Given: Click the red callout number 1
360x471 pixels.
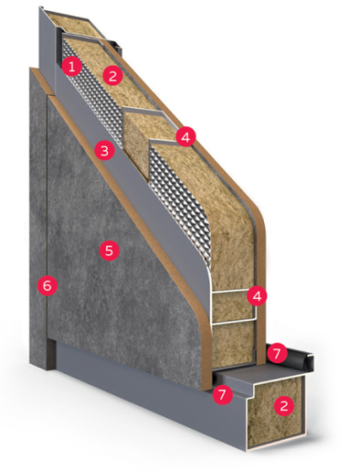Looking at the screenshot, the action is (x=71, y=67).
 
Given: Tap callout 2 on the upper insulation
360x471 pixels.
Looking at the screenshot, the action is (x=112, y=75).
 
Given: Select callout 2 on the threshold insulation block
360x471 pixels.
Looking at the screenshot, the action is (x=284, y=406).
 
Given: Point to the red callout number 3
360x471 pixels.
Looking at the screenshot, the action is (x=105, y=151).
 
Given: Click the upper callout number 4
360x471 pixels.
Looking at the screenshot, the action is (x=186, y=137).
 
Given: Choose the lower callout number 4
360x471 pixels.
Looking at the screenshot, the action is (x=257, y=296).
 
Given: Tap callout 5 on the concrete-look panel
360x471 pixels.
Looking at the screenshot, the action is (x=109, y=250).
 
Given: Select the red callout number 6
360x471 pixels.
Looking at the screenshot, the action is (x=47, y=286).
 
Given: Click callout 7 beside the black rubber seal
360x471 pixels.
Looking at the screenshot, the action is (x=277, y=353).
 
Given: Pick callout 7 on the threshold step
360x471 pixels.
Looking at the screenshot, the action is (x=223, y=394).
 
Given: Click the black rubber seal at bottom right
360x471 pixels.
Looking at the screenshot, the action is (x=297, y=358).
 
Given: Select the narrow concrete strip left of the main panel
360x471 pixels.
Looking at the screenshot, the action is (x=39, y=211).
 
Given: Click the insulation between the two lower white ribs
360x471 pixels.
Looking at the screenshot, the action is (x=232, y=307).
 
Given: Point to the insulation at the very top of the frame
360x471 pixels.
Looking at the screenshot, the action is (x=72, y=25).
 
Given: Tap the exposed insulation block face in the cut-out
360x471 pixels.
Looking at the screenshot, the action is (x=136, y=144).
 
